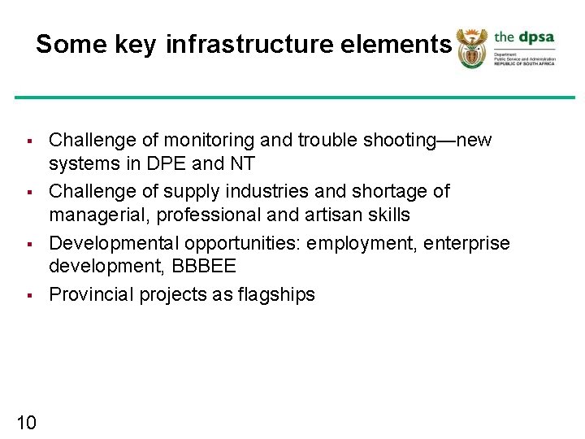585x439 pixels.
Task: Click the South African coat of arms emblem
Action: (x=470, y=48)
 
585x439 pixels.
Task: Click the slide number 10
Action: (x=26, y=421)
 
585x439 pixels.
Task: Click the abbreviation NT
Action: (x=241, y=164)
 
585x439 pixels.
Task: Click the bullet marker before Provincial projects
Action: (x=28, y=295)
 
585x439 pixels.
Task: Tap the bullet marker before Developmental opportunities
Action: (x=28, y=244)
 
